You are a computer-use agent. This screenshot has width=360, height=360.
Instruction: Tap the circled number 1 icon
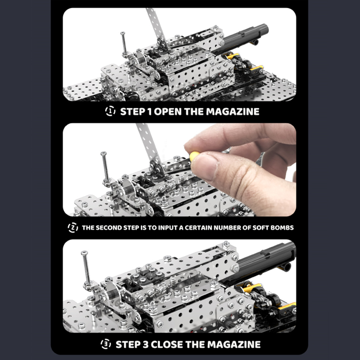click(x=110, y=111)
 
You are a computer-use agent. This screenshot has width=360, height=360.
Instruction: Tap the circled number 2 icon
click(x=72, y=227)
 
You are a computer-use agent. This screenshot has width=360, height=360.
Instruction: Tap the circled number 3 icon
click(x=105, y=344)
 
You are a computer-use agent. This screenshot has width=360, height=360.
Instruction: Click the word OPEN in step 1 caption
click(x=168, y=112)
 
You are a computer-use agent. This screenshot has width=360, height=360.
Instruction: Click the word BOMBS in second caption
click(x=282, y=227)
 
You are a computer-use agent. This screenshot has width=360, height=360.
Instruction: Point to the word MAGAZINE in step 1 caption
click(x=232, y=112)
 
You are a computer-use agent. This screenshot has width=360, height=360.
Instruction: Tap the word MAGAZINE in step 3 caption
click(x=234, y=344)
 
